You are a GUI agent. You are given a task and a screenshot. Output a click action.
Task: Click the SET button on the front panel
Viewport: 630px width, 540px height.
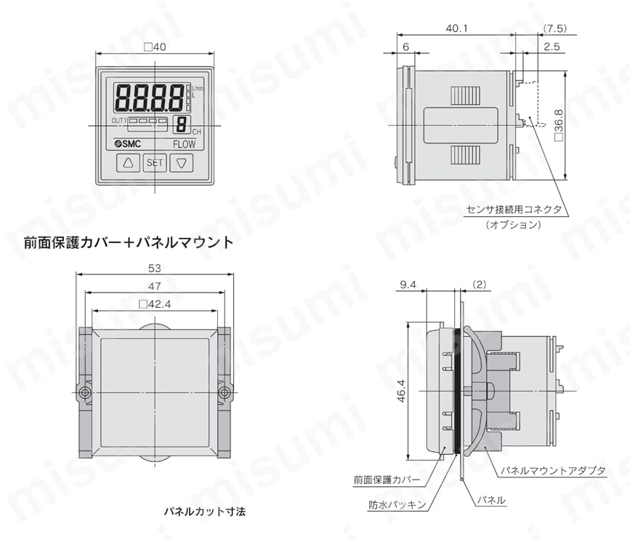(x=155, y=163)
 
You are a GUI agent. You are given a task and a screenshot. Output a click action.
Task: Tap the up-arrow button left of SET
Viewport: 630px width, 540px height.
(x=129, y=163)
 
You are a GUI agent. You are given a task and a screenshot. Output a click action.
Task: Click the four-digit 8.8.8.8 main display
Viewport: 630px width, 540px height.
(x=150, y=96)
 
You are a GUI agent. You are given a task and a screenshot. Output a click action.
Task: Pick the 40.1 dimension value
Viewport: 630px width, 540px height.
(x=456, y=28)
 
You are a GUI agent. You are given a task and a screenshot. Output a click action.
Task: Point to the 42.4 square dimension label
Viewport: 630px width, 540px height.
(x=155, y=305)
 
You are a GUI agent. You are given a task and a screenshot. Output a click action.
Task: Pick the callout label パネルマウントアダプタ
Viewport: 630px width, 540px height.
(x=553, y=471)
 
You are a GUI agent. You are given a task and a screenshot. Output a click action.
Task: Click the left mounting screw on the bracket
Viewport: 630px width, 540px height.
(x=85, y=394)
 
